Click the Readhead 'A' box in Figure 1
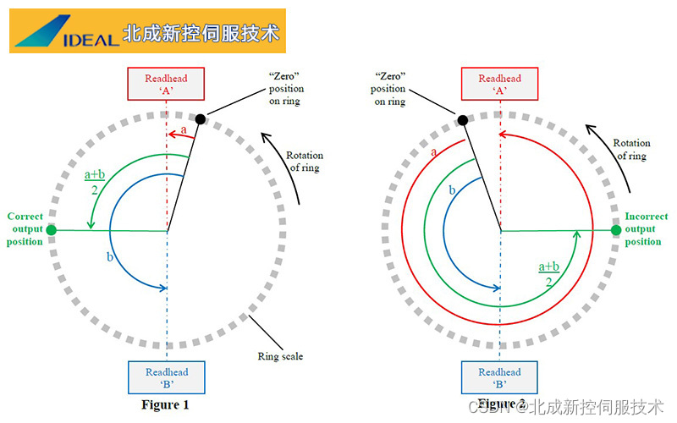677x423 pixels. pyautogui.click(x=167, y=85)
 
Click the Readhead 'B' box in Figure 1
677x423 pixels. pyautogui.click(x=167, y=377)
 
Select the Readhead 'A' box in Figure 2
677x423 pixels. pyautogui.click(x=499, y=85)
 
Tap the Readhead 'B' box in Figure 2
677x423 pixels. pyautogui.click(x=499, y=377)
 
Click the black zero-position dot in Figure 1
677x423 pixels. pyautogui.click(x=201, y=119)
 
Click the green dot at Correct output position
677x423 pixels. pyautogui.click(x=52, y=229)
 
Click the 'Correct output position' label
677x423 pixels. pyautogui.click(x=25, y=229)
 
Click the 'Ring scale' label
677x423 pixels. pyautogui.click(x=280, y=356)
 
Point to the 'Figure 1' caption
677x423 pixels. pyautogui.click(x=165, y=404)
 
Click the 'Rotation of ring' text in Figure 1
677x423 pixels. pyautogui.click(x=304, y=161)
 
